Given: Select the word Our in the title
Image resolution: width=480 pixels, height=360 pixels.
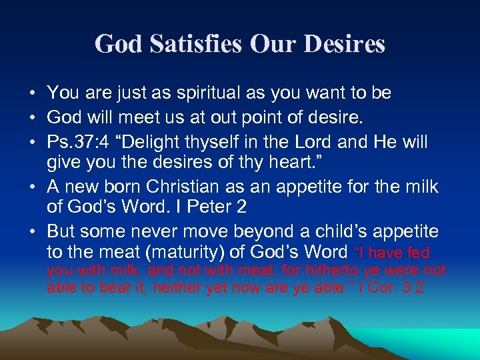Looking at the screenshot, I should tap(271, 44).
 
